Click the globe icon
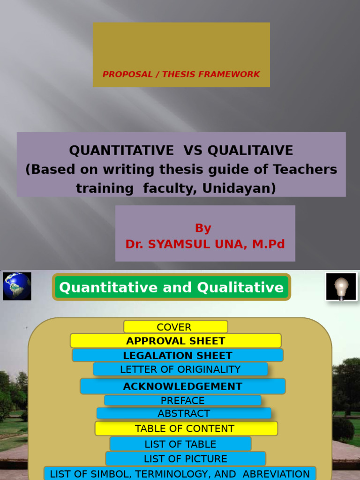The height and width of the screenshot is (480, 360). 17,286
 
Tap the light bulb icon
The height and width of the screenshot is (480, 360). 341,286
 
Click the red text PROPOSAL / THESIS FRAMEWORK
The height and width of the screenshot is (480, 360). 181,74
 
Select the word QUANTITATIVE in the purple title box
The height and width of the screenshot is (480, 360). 121,150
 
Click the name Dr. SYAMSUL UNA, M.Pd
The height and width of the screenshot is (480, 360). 205,244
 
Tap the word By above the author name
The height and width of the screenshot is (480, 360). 203,228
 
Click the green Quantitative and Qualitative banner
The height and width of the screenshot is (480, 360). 171,287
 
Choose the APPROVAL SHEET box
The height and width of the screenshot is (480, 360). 175,341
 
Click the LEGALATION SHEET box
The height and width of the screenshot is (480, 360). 177,355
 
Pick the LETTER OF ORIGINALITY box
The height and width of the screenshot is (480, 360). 180,369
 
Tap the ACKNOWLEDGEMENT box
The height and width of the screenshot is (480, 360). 182,386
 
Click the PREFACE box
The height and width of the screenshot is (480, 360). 182,401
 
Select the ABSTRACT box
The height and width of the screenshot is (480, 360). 184,413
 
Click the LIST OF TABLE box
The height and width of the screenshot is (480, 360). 180,444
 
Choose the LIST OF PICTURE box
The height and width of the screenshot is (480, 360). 185,459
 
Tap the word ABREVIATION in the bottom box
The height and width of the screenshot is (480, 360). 276,474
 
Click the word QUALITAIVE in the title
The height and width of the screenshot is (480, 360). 250,150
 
